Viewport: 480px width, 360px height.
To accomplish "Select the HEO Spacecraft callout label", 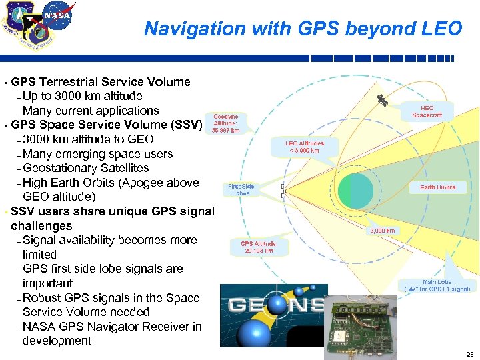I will (x=427, y=111).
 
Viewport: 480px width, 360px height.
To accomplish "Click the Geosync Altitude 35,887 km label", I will (x=225, y=123).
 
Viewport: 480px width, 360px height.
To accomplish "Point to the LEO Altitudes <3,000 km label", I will (x=305, y=147).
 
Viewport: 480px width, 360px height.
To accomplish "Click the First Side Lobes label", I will (x=241, y=190).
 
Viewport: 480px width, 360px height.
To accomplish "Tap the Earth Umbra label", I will (x=437, y=187).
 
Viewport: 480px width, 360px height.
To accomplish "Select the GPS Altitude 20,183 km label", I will (x=257, y=247).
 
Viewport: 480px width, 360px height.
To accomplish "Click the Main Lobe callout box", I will (x=437, y=285).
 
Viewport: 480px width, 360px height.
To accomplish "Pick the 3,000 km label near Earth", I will (x=382, y=231).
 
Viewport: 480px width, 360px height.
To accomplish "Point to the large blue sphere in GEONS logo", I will (x=254, y=334).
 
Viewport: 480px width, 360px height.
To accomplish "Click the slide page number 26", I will (x=469, y=354).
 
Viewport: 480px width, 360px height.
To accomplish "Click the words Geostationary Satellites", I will (x=86, y=168).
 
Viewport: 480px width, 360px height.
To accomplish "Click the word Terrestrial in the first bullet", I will (x=69, y=82).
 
